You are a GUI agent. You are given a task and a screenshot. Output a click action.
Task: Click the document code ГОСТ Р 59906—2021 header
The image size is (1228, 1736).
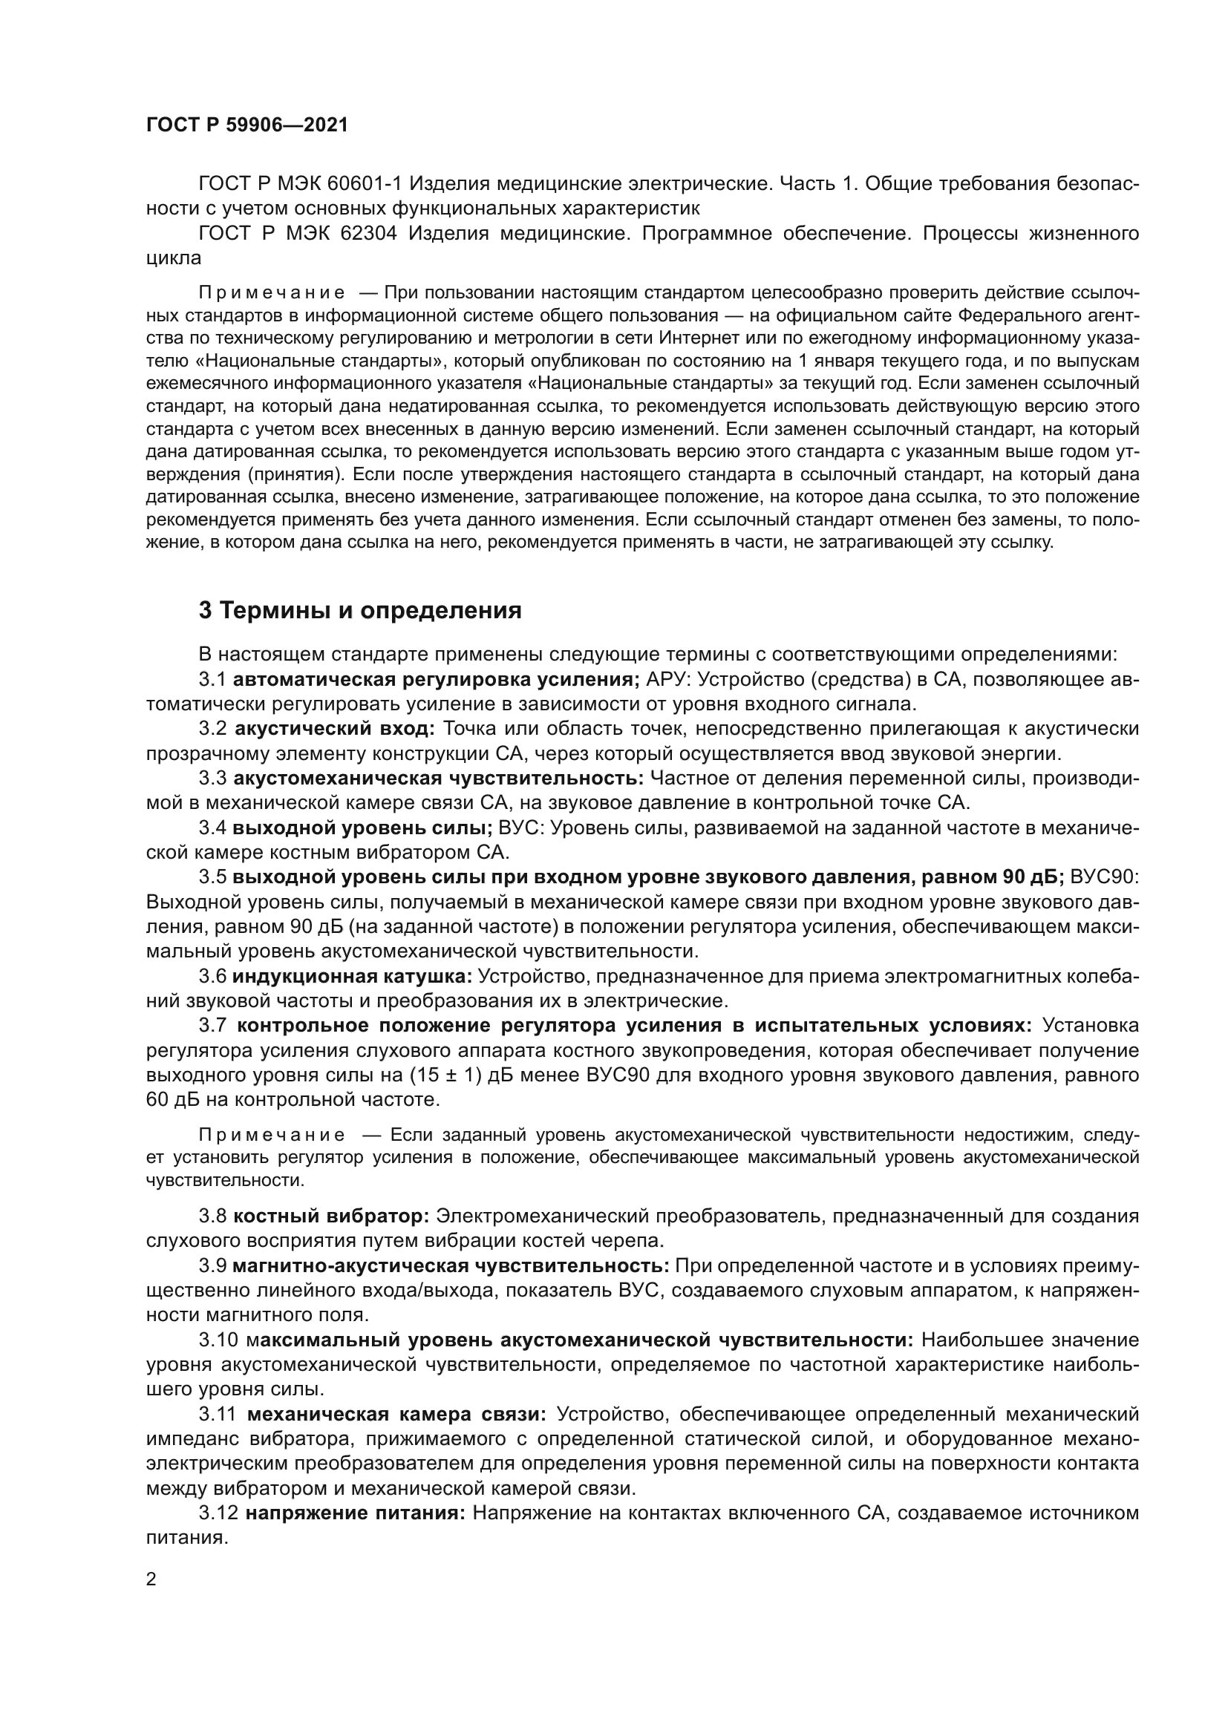point(247,125)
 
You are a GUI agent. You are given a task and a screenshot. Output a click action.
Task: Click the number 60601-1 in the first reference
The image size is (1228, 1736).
point(371,184)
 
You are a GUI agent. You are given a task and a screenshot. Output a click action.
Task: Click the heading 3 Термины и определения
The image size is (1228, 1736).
point(360,610)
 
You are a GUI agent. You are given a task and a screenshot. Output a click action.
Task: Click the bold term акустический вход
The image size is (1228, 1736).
point(335,729)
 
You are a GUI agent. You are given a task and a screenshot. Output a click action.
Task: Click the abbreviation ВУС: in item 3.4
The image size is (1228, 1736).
point(521,828)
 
